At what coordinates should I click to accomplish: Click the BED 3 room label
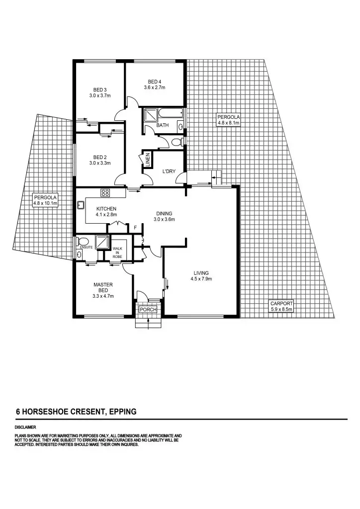coord(99,89)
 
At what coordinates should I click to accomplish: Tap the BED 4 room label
coord(154,82)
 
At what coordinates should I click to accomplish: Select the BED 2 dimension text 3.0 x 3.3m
coord(99,163)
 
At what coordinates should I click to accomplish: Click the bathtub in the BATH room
coord(171,115)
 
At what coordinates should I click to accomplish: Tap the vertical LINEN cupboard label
coord(148,160)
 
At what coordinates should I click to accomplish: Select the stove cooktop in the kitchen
coord(105,192)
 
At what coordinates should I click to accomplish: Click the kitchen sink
coord(80,204)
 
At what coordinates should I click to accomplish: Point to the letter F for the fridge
coord(135,228)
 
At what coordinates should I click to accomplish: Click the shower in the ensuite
coord(102,242)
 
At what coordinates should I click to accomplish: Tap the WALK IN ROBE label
coord(118,252)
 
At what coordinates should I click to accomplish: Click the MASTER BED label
coord(103,288)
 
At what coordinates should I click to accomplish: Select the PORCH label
coord(148,310)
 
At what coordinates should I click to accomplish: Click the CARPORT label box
coord(281,306)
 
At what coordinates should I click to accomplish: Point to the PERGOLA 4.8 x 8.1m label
coord(228,119)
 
